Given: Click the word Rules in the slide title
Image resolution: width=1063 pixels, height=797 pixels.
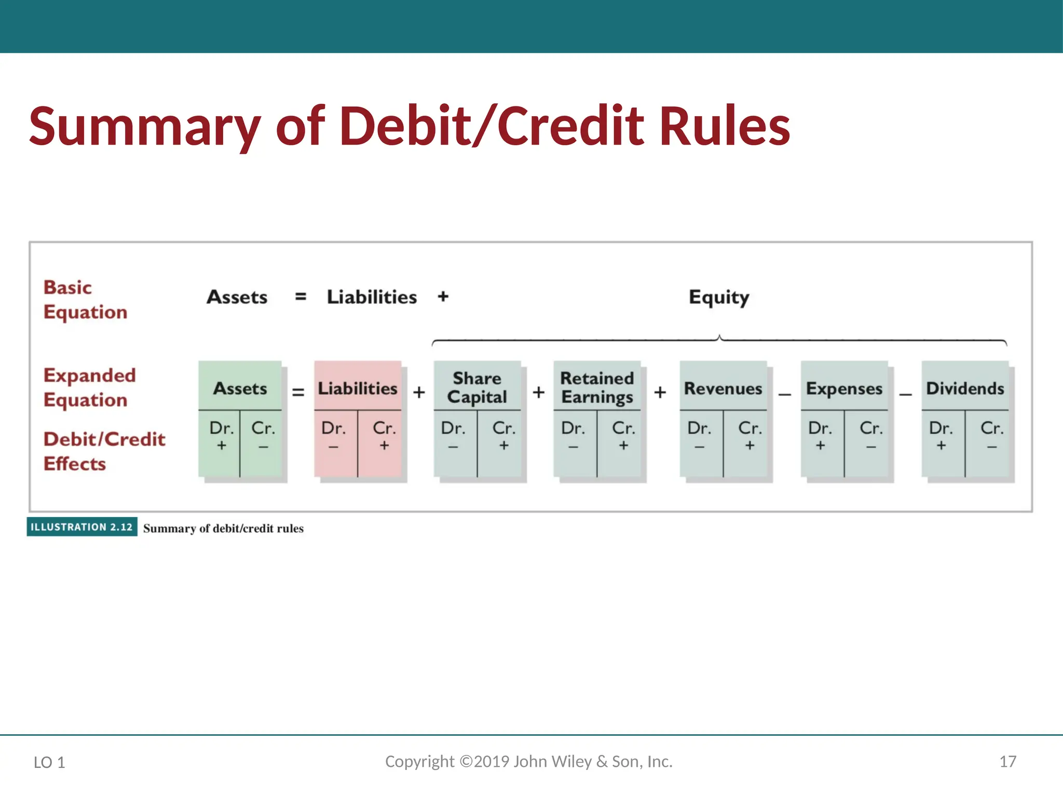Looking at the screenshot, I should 725,126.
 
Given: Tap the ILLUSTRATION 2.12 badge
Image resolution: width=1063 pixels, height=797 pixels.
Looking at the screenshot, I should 82,527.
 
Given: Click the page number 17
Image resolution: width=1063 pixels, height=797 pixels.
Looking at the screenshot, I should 1007,762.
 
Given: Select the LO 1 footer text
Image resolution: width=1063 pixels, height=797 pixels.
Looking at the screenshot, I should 49,762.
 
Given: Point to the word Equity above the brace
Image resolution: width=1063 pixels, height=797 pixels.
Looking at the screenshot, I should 719,297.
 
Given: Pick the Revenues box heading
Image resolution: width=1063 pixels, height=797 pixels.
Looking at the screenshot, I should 723,388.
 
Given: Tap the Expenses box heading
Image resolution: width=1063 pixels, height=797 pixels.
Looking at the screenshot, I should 844,389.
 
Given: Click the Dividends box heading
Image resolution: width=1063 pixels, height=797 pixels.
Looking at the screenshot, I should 965,388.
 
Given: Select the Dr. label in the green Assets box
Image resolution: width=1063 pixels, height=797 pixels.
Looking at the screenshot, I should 222,428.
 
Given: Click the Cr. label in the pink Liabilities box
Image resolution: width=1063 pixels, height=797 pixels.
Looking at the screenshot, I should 384,428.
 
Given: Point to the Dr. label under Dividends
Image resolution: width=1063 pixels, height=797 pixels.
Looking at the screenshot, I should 941,428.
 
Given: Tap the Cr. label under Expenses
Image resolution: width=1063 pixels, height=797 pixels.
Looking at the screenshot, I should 871,428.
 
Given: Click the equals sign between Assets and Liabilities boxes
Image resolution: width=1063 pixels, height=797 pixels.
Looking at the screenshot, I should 298,392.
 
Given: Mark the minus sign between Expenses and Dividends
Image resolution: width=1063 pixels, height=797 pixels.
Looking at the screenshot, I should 905,394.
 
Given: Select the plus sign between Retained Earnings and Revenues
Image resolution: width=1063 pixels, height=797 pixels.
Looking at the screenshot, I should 660,392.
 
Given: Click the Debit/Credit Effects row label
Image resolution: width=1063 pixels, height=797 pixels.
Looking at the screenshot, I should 104,451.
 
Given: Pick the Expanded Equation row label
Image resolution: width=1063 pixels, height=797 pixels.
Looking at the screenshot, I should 89,388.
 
